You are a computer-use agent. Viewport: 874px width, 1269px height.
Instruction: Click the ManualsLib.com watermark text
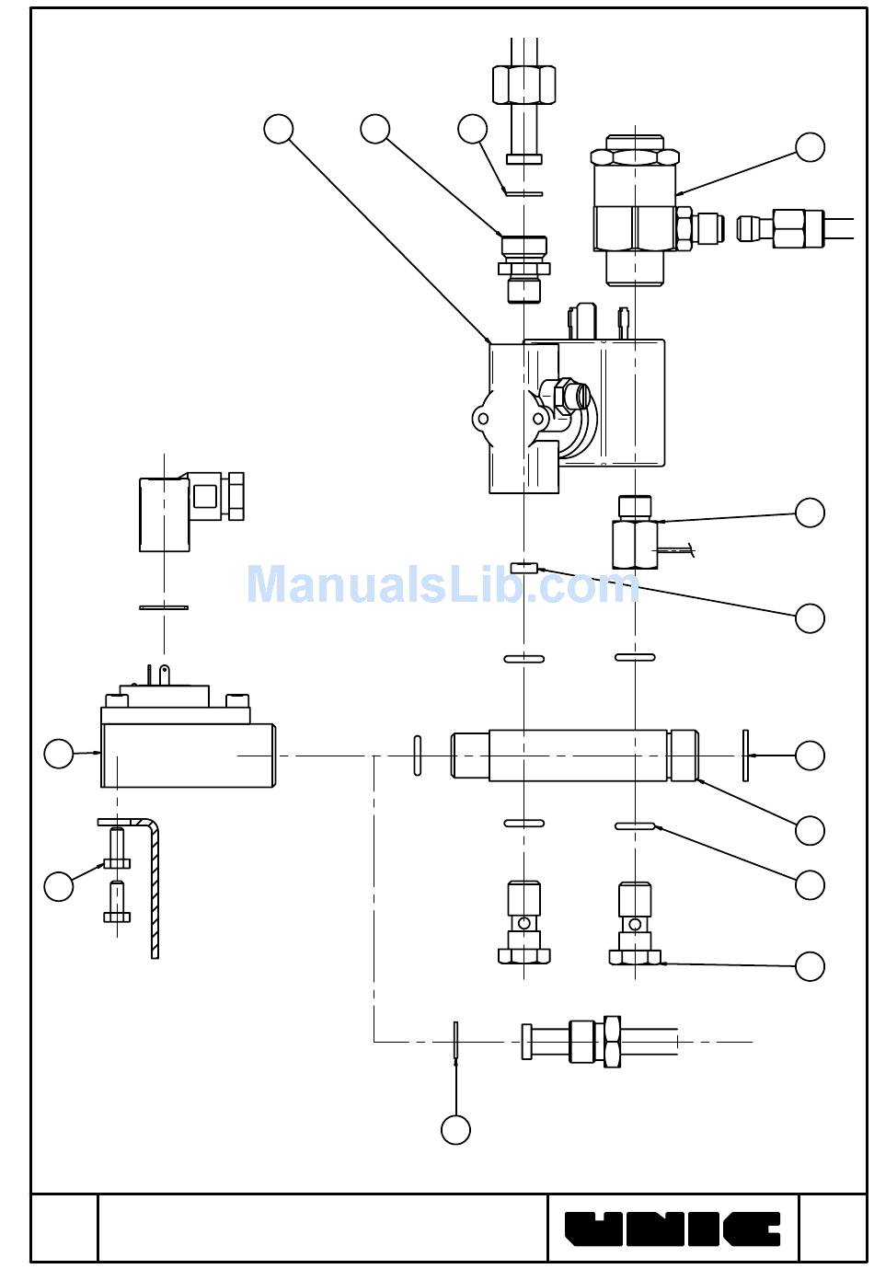tap(443, 584)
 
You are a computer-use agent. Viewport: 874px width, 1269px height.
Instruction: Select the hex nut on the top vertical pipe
tap(523, 85)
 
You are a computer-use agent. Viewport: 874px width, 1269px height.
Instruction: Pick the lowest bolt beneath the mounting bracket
tap(117, 901)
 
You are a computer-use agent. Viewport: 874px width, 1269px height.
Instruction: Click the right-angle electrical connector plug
tap(191, 512)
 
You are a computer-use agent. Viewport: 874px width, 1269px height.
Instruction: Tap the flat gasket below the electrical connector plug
tap(164, 608)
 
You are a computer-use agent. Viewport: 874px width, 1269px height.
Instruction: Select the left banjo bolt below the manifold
tap(524, 922)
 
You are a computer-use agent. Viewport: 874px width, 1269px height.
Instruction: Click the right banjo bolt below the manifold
tap(635, 922)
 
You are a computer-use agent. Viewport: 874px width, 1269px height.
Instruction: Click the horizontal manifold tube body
tap(574, 756)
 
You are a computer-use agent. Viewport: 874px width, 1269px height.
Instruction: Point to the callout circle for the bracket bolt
tap(58, 886)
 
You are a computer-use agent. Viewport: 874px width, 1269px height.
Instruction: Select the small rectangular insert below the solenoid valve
tap(524, 567)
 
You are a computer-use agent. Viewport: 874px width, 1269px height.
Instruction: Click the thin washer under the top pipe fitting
tap(524, 193)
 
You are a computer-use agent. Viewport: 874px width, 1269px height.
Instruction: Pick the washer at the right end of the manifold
tap(745, 756)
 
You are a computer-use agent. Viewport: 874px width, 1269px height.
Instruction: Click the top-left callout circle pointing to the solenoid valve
tap(278, 129)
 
